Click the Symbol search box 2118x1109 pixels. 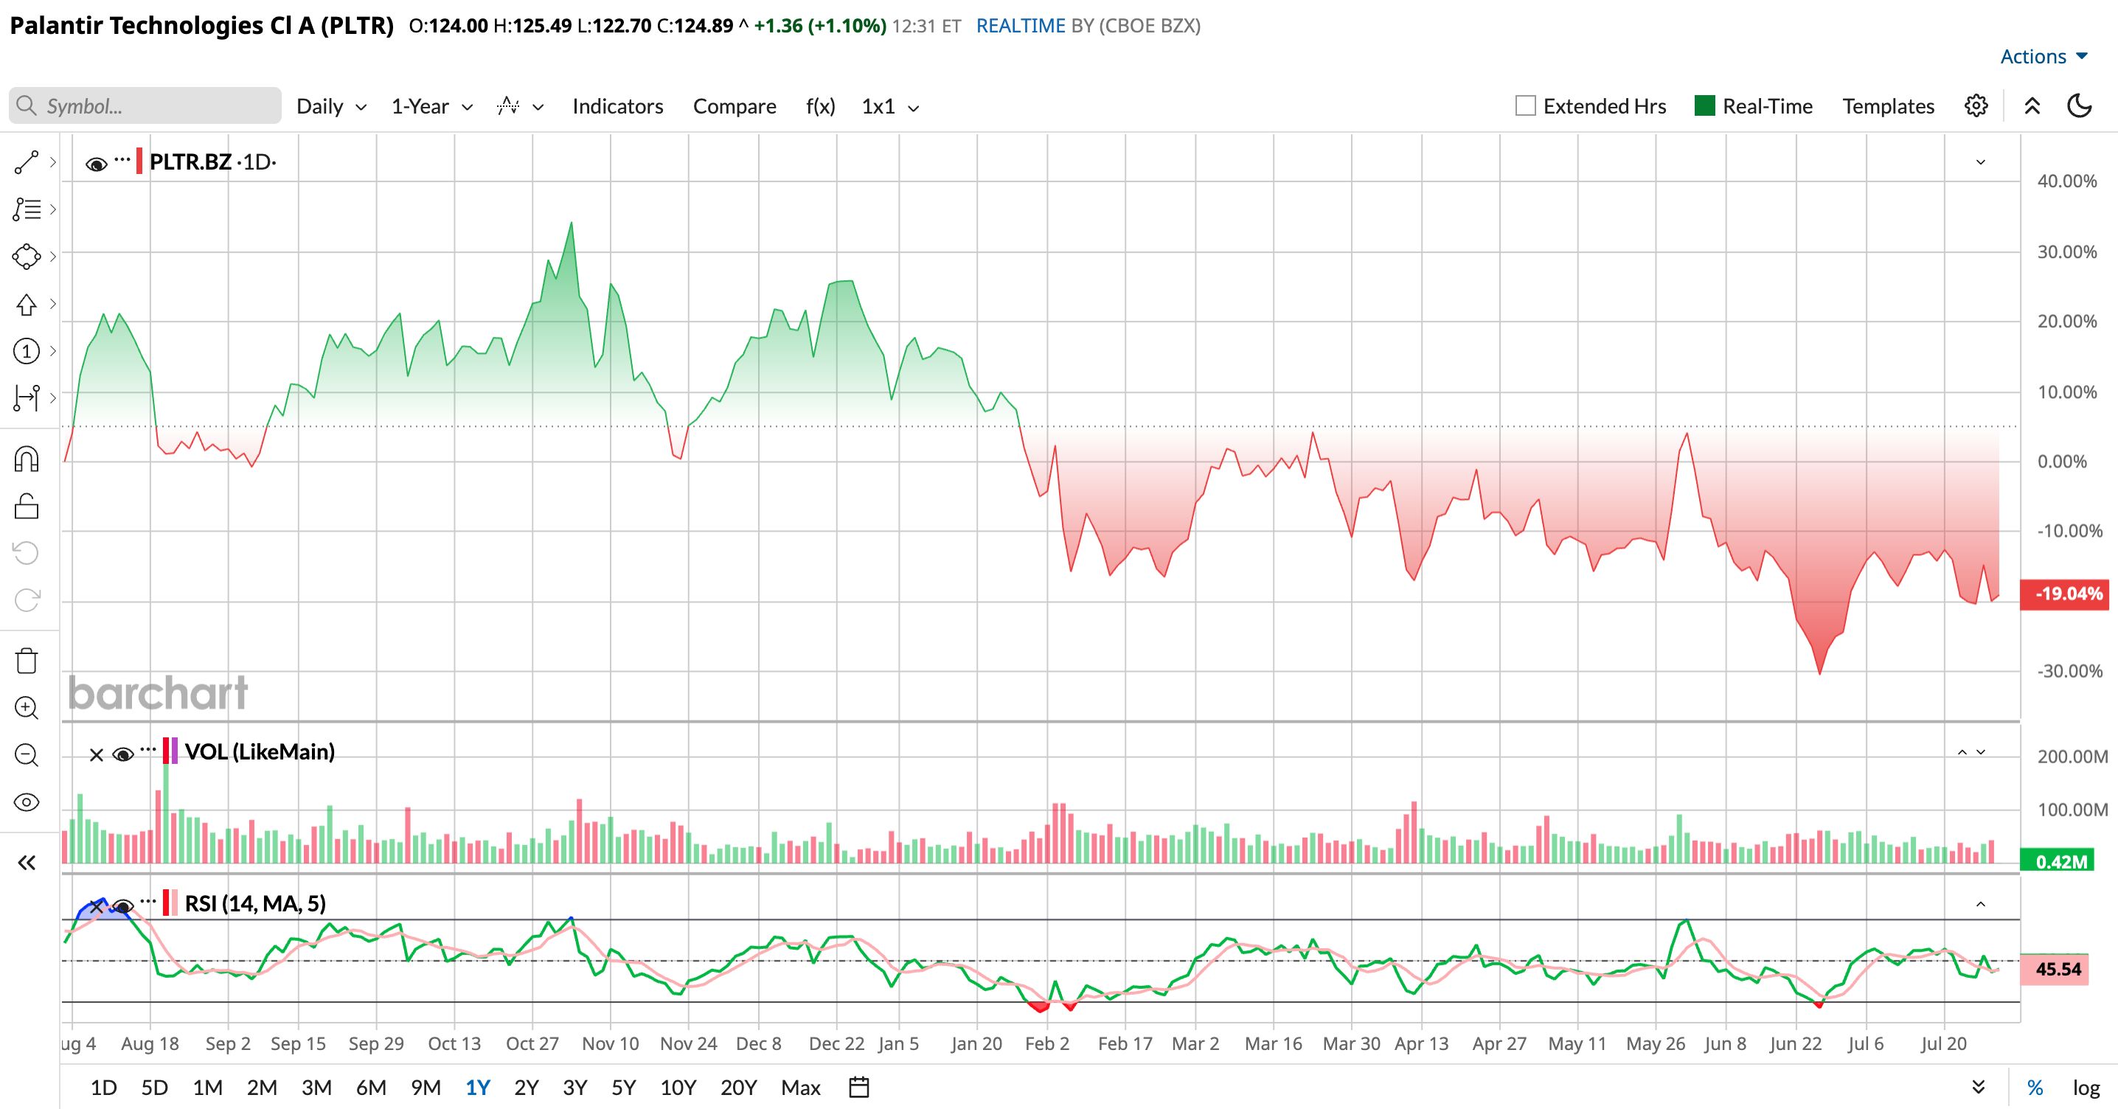145,106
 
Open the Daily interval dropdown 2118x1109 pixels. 331,106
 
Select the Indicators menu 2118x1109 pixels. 617,106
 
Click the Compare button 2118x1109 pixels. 735,106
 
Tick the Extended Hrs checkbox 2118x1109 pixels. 1525,106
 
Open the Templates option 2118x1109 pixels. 1888,106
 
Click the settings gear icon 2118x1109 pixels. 1976,106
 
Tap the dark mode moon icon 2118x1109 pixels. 2080,106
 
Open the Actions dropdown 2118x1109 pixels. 2044,57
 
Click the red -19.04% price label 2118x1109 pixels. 2068,594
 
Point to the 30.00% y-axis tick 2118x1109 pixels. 2067,251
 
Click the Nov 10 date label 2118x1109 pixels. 610,1043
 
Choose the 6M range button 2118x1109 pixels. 371,1088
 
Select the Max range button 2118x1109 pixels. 801,1088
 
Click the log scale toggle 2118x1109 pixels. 2086,1088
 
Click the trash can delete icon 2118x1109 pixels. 27,660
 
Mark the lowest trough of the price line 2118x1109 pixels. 1819,674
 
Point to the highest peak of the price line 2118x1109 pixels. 572,223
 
